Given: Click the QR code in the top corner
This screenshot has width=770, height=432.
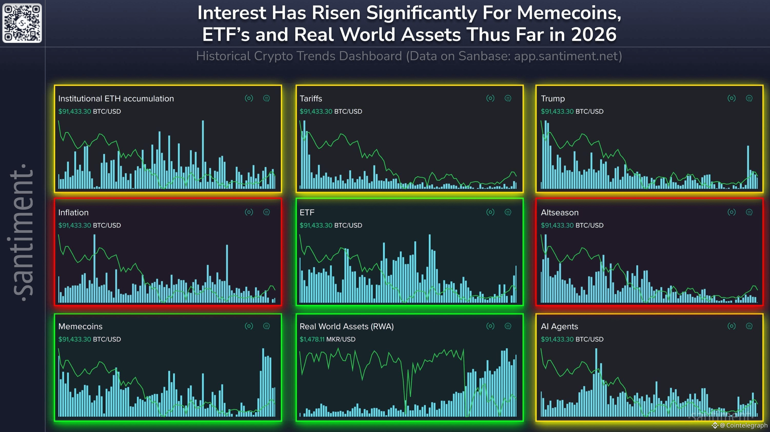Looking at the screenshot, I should click(22, 23).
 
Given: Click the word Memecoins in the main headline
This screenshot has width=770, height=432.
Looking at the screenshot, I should click(569, 13).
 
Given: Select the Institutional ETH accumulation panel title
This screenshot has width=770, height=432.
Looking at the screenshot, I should click(116, 99).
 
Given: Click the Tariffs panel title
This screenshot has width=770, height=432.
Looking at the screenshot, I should click(311, 99).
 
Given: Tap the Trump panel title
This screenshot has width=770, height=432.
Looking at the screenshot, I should click(553, 99).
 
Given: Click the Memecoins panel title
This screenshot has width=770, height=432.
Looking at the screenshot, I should click(80, 326).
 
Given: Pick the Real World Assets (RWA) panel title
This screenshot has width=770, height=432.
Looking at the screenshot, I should click(347, 326).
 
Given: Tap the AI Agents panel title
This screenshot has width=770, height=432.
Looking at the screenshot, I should click(559, 326).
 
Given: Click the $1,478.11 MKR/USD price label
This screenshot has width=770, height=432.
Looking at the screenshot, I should click(327, 339).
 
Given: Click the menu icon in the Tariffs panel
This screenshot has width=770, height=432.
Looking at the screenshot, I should click(508, 98).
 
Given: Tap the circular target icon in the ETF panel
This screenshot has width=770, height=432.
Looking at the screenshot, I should click(490, 212).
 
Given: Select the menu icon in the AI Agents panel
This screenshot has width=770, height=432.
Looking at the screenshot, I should click(749, 326).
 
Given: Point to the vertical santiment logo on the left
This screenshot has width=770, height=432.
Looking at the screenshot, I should click(22, 233).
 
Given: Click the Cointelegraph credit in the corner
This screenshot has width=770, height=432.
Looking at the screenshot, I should click(743, 425).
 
